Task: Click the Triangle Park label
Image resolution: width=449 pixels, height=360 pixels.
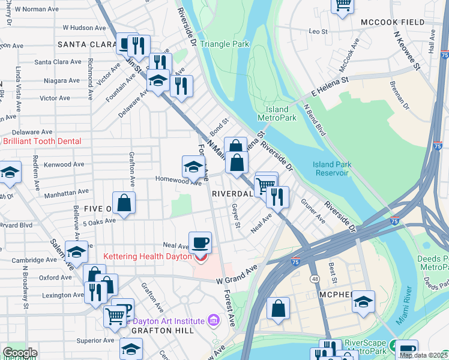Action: (x=224, y=44)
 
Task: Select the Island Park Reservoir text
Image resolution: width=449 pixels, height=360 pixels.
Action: (x=331, y=169)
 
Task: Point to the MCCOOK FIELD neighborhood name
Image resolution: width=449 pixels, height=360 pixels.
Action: (x=393, y=22)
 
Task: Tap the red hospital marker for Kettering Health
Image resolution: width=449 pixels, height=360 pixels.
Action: (x=200, y=258)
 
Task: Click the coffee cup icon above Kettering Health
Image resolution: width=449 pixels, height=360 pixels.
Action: (x=200, y=242)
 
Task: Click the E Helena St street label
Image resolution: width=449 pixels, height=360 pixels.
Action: (x=330, y=87)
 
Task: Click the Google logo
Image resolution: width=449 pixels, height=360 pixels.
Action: (x=20, y=353)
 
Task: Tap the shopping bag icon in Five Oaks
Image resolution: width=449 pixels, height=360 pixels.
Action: (x=124, y=203)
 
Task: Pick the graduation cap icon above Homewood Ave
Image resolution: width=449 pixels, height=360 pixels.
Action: (x=192, y=166)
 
